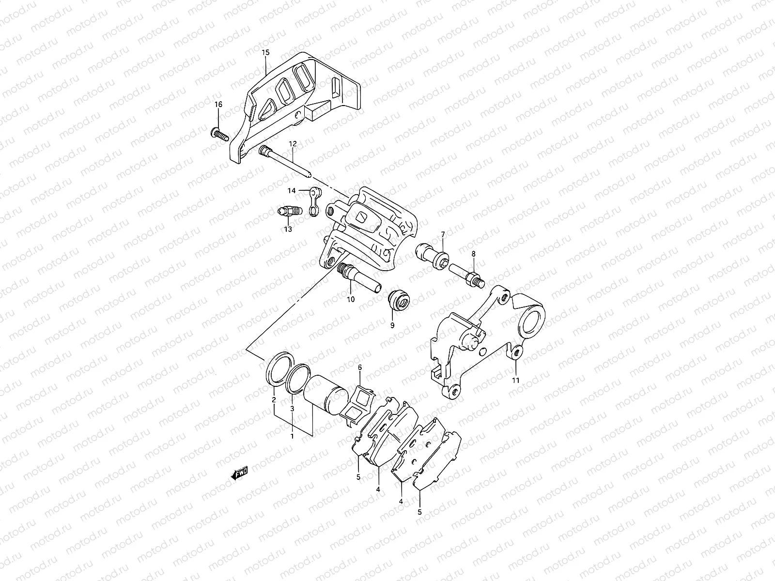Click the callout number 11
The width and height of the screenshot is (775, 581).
[516, 380]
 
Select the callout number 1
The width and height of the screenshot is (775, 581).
[292, 436]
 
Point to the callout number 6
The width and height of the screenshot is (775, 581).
[360, 368]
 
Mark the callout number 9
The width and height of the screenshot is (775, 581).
[392, 325]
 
